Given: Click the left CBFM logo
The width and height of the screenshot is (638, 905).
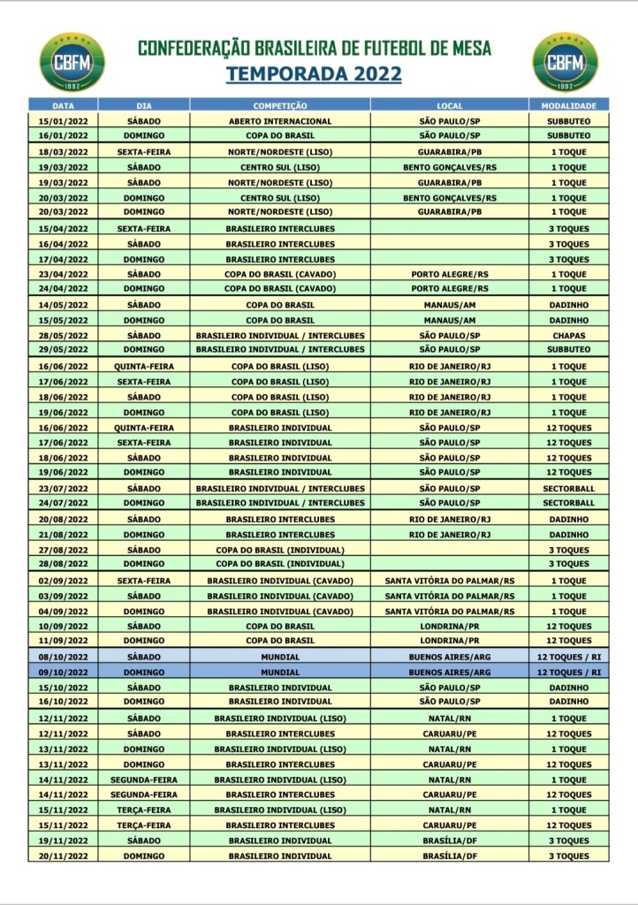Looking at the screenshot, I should click(72, 62).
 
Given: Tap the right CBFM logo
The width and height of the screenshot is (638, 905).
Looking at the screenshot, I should click(566, 62).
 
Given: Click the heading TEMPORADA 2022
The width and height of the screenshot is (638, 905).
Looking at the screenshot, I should click(314, 74).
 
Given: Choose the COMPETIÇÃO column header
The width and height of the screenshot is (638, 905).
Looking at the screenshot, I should click(280, 105).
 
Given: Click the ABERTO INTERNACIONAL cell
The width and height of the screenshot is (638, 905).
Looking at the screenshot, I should click(280, 121).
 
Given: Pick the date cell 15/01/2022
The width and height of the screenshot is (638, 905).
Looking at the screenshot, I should click(64, 121).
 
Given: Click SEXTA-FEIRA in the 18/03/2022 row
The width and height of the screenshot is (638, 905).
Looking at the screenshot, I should click(143, 152).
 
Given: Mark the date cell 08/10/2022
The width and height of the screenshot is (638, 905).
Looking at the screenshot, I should click(64, 658).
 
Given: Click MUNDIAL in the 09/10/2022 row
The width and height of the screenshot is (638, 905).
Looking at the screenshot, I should click(280, 673).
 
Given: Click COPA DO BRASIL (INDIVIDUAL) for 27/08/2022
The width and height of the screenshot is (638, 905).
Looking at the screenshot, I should click(280, 550).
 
